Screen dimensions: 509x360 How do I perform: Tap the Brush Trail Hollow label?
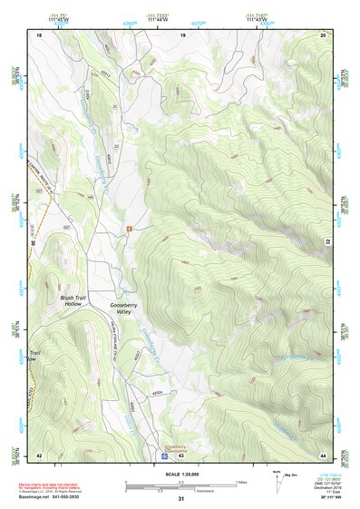tap(72, 300)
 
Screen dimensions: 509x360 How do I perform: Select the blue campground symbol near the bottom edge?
tap(163, 447)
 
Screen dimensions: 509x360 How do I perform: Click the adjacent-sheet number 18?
tap(39, 34)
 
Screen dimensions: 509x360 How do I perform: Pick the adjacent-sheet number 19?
tap(183, 34)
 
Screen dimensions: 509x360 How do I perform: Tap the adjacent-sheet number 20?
tap(324, 34)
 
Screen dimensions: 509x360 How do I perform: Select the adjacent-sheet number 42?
tap(39, 455)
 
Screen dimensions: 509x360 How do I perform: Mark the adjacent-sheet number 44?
tap(324, 455)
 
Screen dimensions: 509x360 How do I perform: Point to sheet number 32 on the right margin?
tap(328, 242)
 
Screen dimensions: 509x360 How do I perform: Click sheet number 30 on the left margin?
tap(34, 242)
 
